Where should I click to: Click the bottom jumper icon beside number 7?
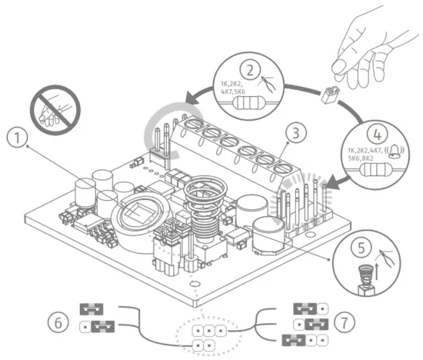302,339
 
